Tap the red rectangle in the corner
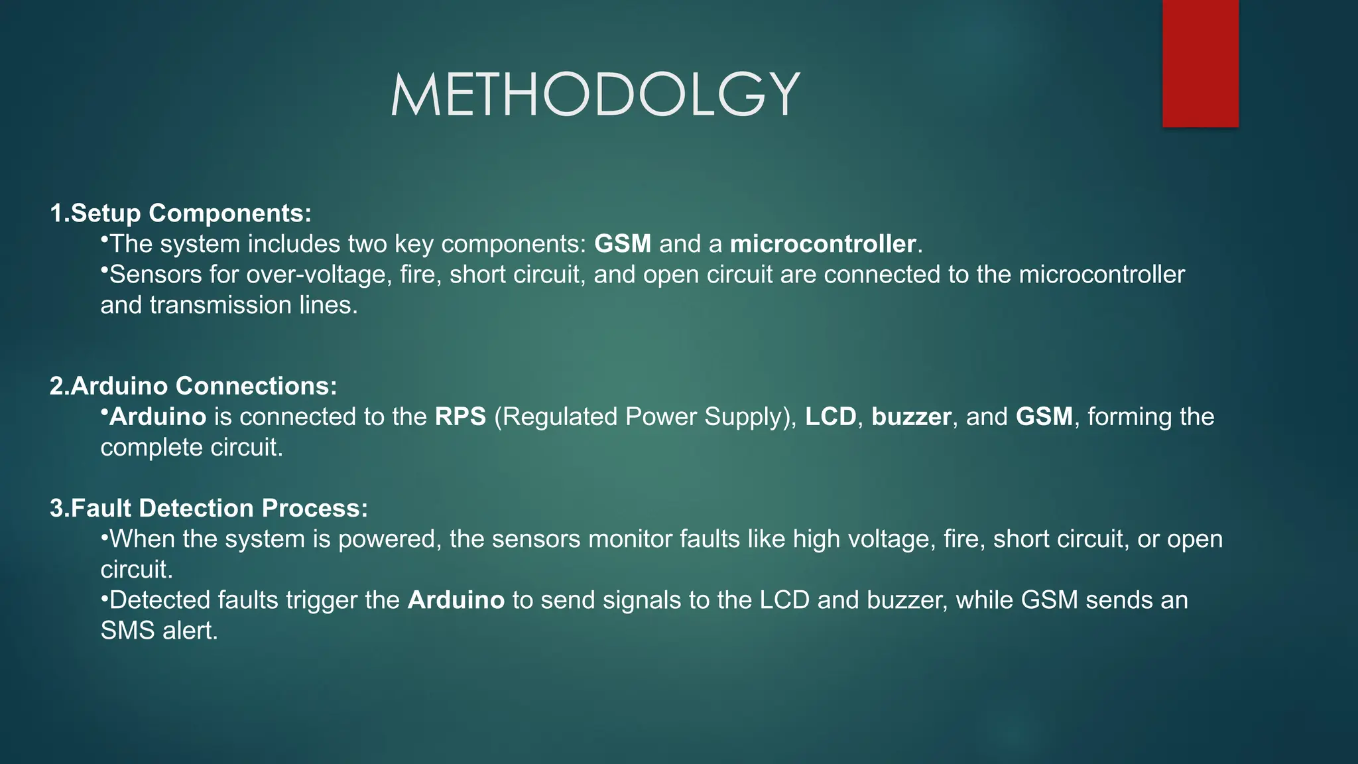click(1200, 64)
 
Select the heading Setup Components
click(190, 213)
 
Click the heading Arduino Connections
click(203, 386)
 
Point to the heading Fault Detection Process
click(218, 508)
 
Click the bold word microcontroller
click(823, 244)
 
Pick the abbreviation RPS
click(460, 416)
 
